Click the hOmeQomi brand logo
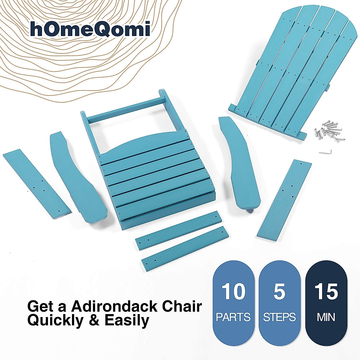pyautogui.click(x=90, y=29)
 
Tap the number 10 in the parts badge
pyautogui.click(x=233, y=292)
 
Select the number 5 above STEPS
pyautogui.click(x=279, y=292)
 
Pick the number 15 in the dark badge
pyautogui.click(x=326, y=292)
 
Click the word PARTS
pyautogui.click(x=233, y=317)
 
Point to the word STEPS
pyautogui.click(x=279, y=317)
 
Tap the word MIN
pyautogui.click(x=326, y=317)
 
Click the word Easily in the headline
pyautogui.click(x=127, y=320)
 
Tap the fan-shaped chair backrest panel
pyautogui.click(x=288, y=69)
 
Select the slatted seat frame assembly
pyautogui.click(x=150, y=171)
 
